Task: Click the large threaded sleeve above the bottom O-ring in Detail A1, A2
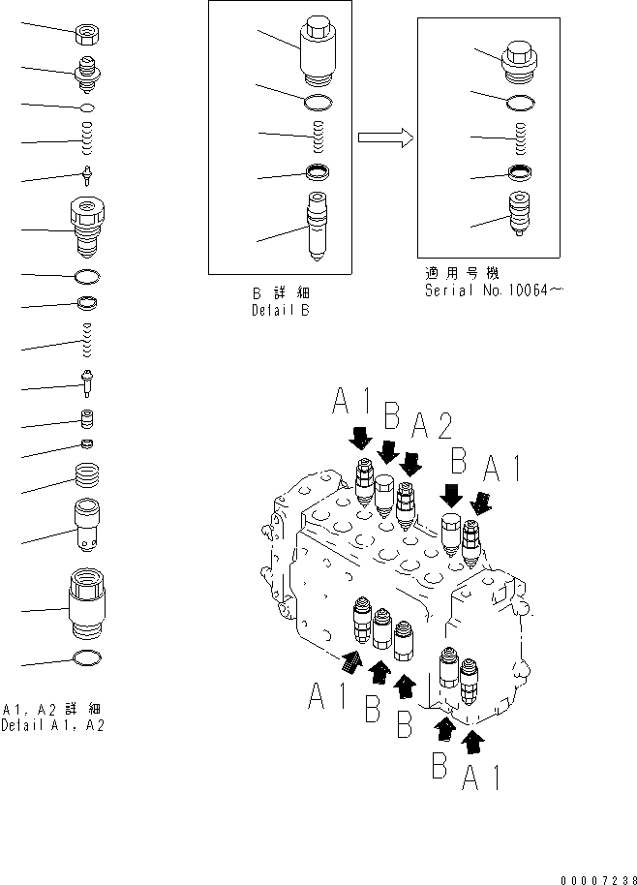pyautogui.click(x=88, y=608)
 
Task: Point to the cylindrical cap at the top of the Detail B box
pyautogui.click(x=318, y=48)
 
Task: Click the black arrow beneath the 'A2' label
pyautogui.click(x=412, y=462)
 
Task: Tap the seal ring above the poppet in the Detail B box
pyautogui.click(x=318, y=173)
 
